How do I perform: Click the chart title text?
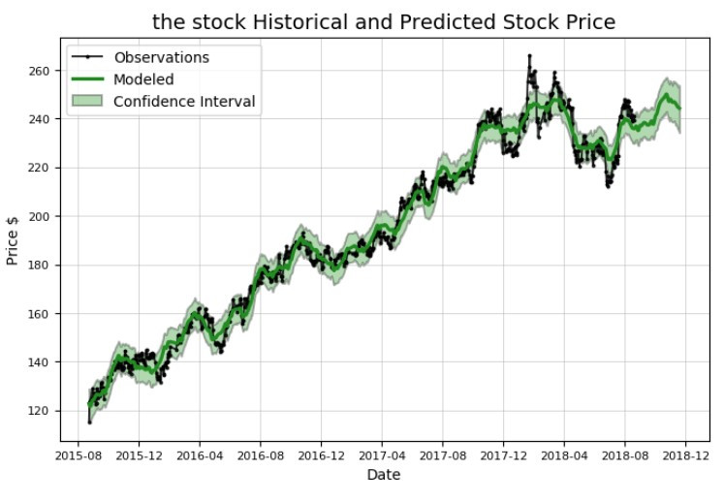[x=384, y=21]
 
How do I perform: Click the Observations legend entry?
[x=161, y=57]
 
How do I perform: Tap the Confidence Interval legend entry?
[x=184, y=102]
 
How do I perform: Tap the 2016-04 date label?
[x=201, y=454]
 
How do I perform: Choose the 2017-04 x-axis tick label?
[x=383, y=454]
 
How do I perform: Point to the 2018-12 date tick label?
[x=686, y=454]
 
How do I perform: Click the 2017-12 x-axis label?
[x=503, y=454]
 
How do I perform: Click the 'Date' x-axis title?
[x=383, y=475]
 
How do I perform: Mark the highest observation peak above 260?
[x=529, y=56]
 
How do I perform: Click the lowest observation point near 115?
[x=89, y=422]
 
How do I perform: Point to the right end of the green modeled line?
[x=679, y=108]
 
